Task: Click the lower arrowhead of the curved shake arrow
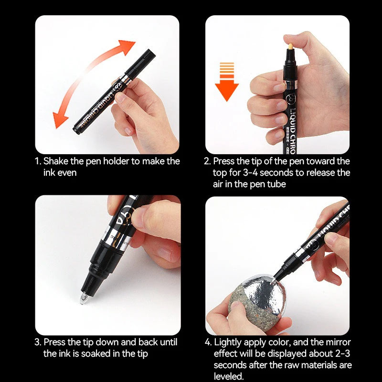click(59, 120)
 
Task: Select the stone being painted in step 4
click(259, 300)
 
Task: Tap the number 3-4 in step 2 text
click(250, 172)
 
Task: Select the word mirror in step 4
click(338, 342)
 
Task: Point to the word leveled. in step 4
click(229, 376)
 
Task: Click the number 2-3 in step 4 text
click(342, 353)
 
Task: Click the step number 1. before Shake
click(38, 161)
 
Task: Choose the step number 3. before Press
click(38, 342)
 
